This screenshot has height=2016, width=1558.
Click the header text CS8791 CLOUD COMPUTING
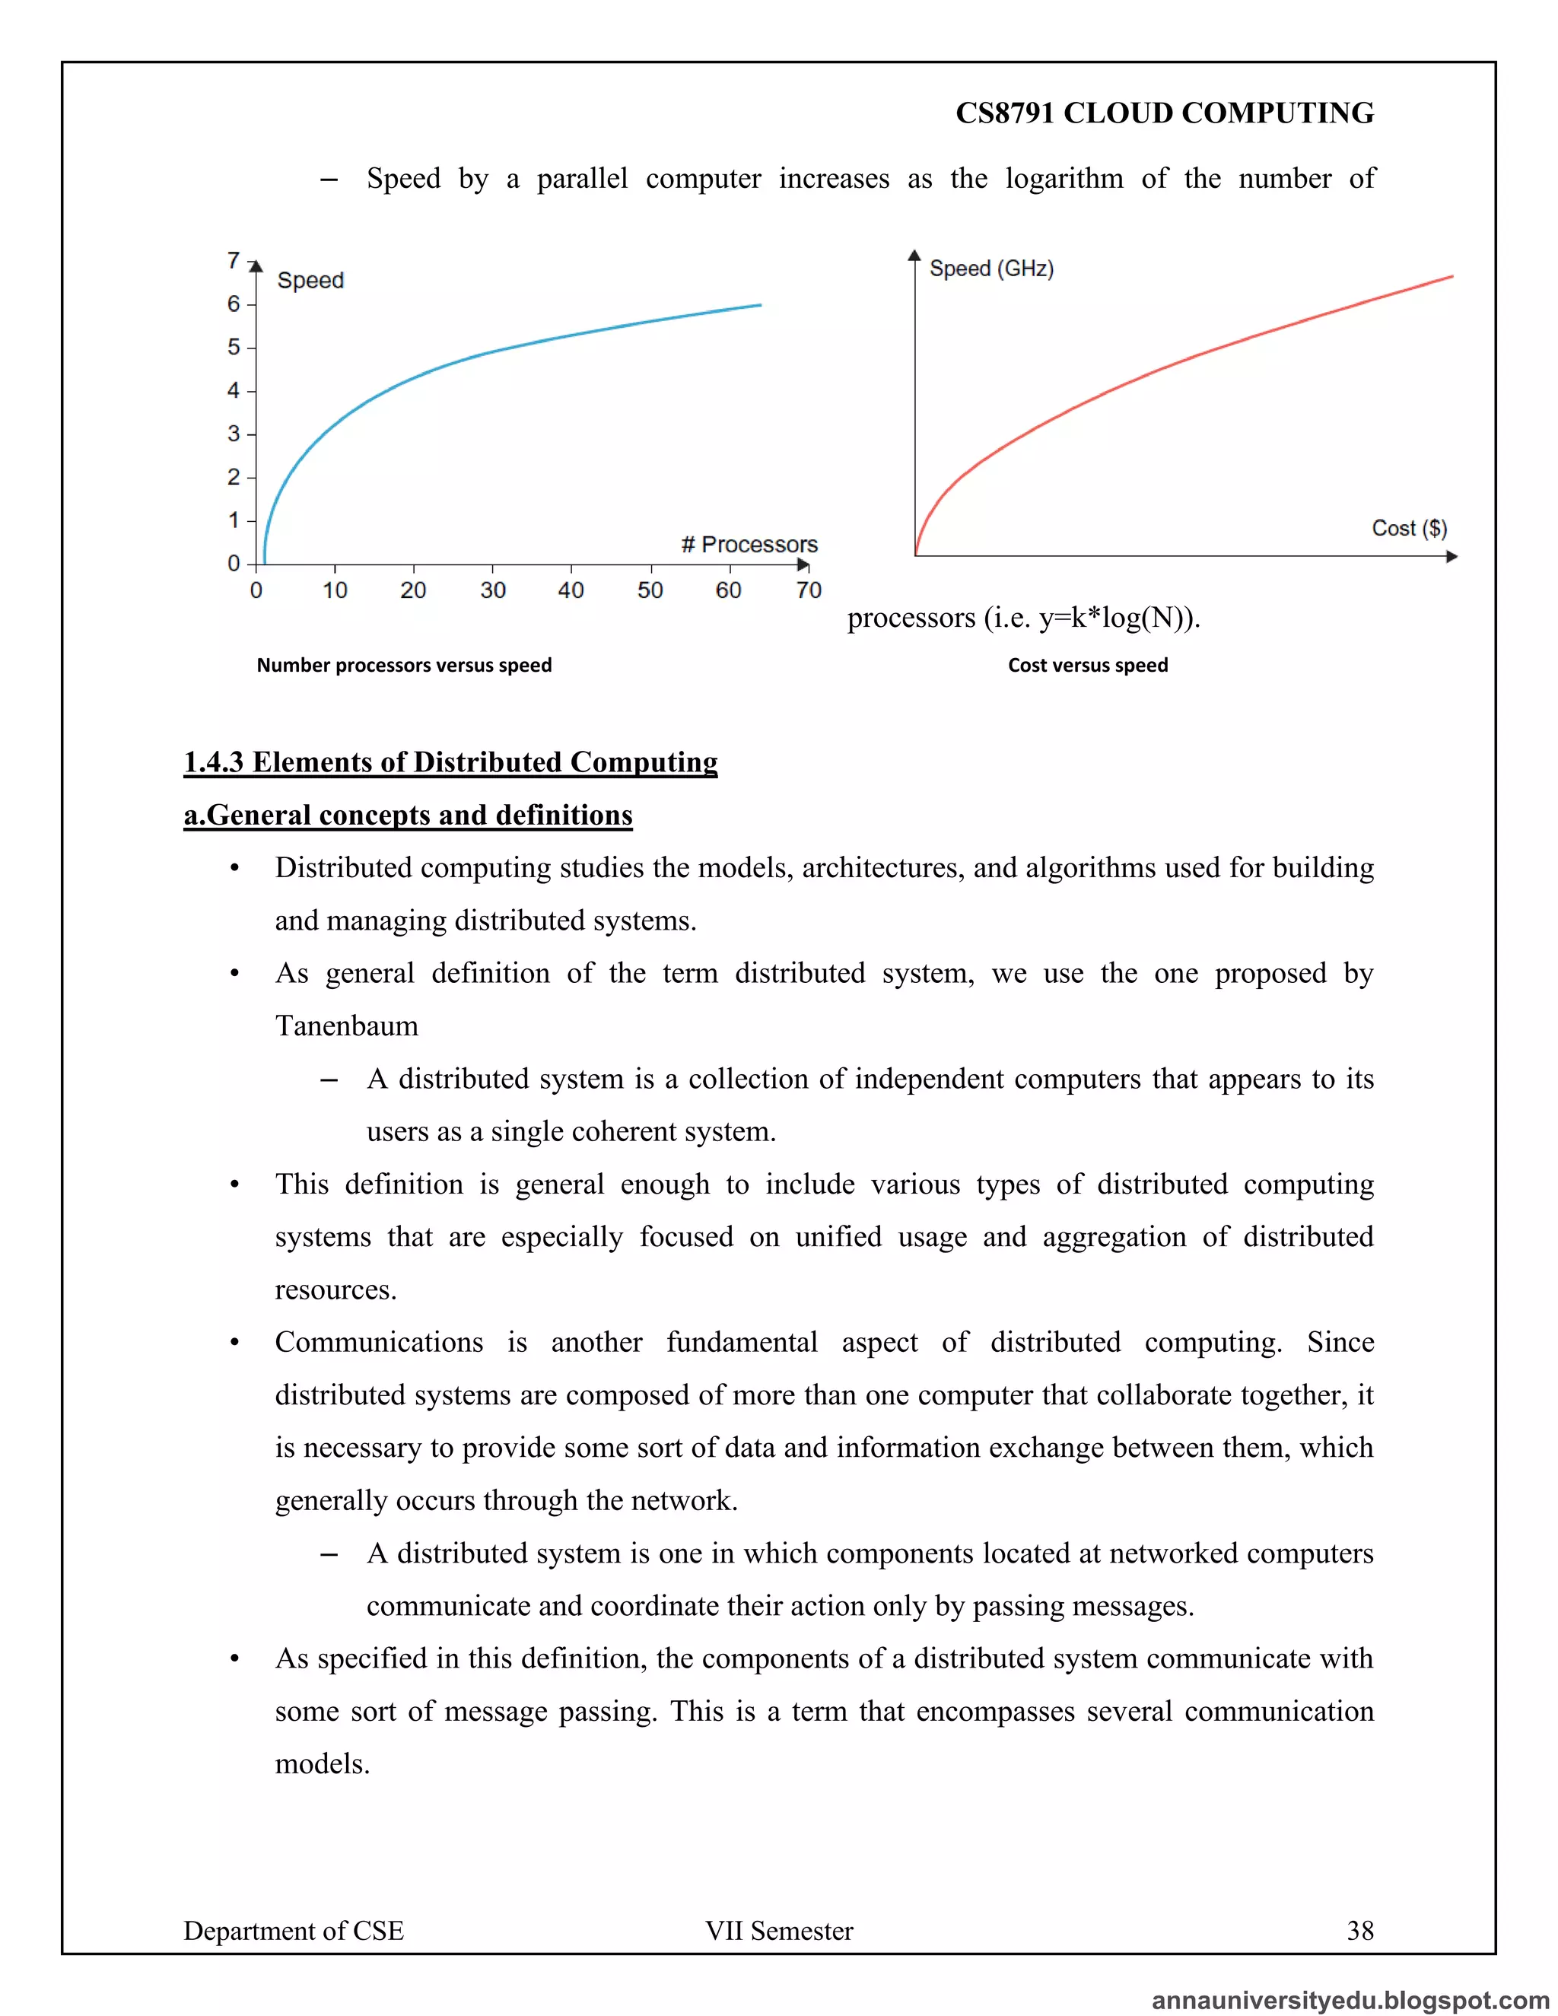click(1164, 113)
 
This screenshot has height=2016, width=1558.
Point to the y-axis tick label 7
click(234, 261)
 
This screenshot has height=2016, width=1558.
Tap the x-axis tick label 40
click(571, 590)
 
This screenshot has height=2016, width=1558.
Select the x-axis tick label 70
click(809, 590)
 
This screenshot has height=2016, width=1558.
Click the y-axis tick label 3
click(234, 434)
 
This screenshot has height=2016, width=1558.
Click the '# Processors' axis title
click(749, 545)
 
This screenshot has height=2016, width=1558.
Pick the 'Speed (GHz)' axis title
click(990, 269)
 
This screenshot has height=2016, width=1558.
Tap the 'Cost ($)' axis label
click(1408, 528)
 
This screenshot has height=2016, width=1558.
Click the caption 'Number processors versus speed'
click(403, 665)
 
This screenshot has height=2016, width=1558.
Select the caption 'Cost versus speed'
click(1087, 665)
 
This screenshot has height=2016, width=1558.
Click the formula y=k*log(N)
click(1113, 617)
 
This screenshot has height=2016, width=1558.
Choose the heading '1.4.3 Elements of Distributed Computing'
click(450, 762)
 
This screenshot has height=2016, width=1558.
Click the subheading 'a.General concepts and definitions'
click(408, 815)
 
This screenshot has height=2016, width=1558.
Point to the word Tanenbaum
click(346, 1025)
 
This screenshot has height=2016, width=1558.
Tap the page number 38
click(1359, 1930)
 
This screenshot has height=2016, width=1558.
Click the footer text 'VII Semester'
click(779, 1930)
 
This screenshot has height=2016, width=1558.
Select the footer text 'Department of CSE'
click(294, 1930)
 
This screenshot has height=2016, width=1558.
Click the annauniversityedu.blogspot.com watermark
click(1350, 2000)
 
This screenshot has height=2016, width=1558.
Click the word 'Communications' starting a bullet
click(378, 1342)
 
